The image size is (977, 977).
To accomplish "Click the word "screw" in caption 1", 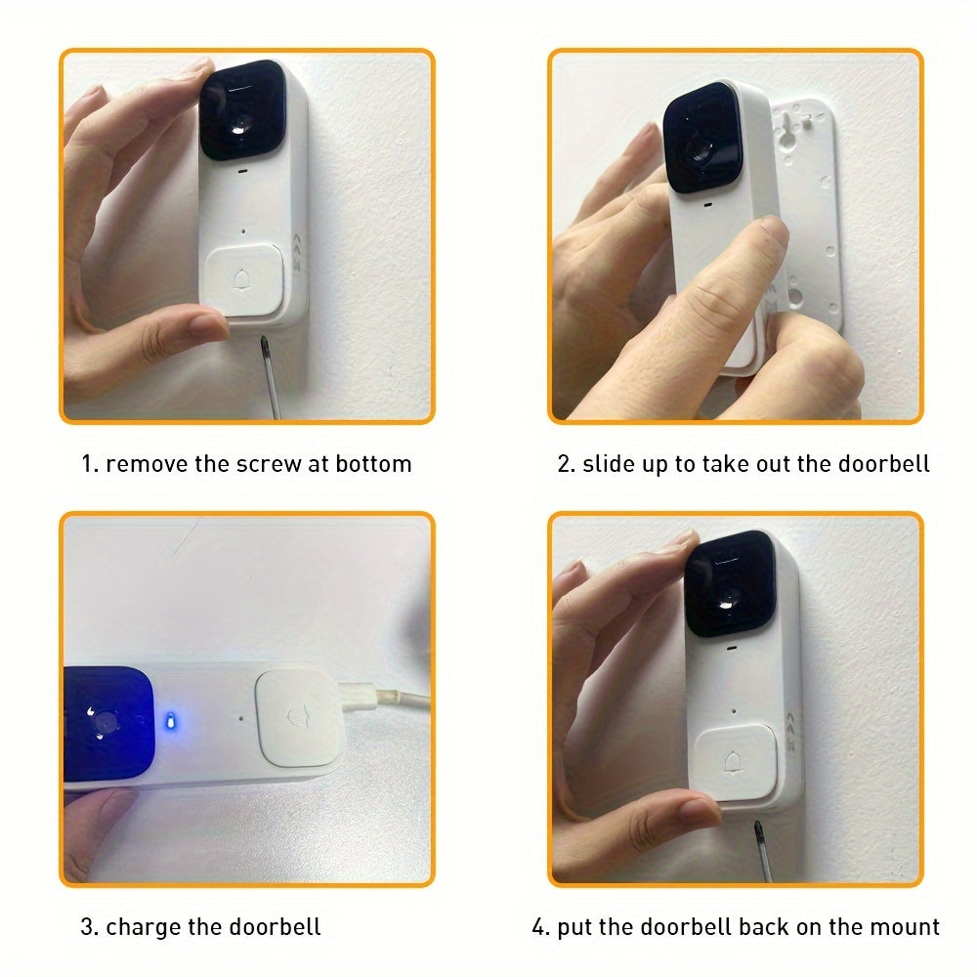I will tap(269, 463).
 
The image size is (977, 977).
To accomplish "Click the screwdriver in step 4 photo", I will tap(759, 848).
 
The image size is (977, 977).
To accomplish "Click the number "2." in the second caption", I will tap(567, 463).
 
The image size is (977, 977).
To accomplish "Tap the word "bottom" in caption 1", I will tap(373, 463).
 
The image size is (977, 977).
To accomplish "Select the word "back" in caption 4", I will tap(763, 926).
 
